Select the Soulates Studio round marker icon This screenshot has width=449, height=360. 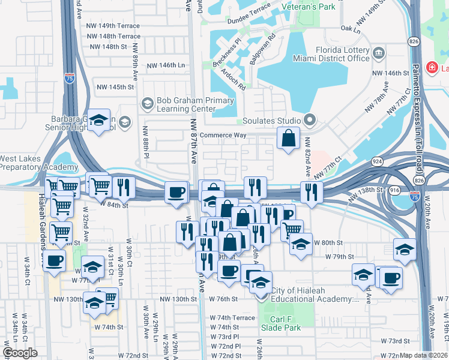(x=310, y=121)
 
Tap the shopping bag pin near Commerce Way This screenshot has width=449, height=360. (x=289, y=138)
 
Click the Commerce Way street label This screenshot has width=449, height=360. (x=223, y=135)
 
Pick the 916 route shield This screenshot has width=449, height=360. (x=394, y=189)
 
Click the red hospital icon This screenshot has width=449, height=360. (x=432, y=67)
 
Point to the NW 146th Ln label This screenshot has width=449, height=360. (x=163, y=65)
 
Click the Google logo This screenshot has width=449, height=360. (x=20, y=353)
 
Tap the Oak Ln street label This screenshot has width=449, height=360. (x=349, y=29)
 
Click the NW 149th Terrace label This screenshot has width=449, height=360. (x=113, y=26)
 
